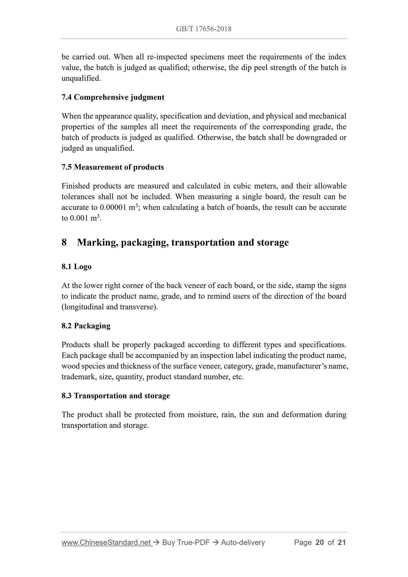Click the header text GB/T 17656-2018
point(204,29)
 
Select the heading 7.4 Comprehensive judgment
point(113,97)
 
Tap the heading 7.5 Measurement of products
point(112,167)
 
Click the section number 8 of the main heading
point(64,242)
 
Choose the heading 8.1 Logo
point(77,267)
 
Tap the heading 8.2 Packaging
point(86,326)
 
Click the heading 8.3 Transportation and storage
point(115,396)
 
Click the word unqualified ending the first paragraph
point(81,78)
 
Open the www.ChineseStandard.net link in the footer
point(107,543)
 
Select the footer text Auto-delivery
point(243,543)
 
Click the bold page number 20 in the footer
point(320,543)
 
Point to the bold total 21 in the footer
point(342,543)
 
